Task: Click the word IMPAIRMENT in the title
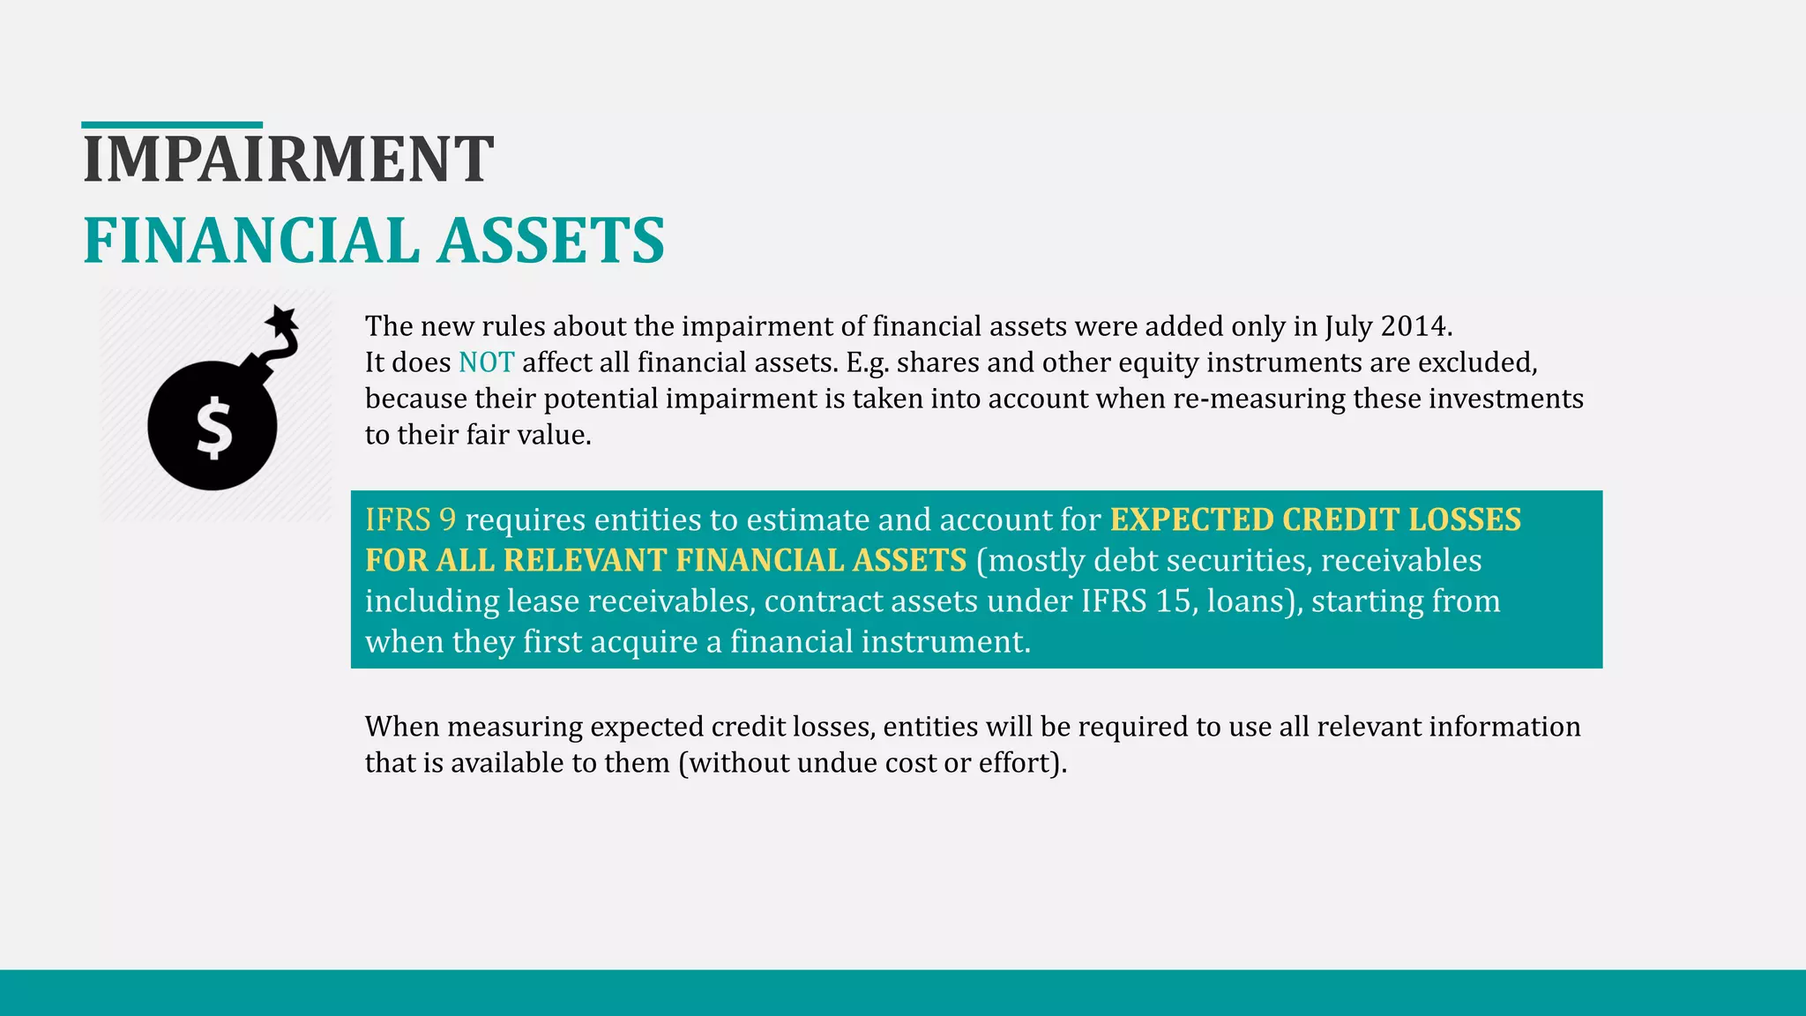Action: click(x=287, y=160)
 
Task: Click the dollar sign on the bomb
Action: click(x=213, y=429)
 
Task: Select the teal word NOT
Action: click(x=486, y=362)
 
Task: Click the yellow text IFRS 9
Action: click(x=410, y=519)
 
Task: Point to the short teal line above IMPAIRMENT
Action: click(x=172, y=125)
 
